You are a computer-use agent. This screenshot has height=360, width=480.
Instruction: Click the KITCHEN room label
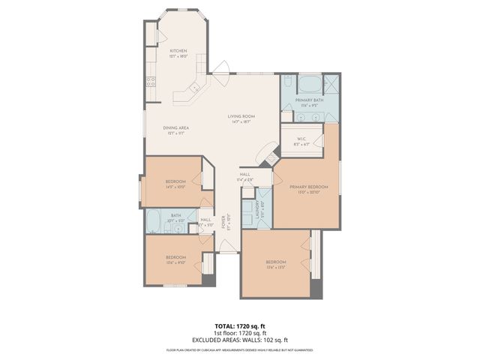point(178,51)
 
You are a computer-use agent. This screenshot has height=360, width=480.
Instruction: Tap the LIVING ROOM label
point(242,116)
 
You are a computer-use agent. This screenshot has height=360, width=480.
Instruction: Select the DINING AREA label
point(175,128)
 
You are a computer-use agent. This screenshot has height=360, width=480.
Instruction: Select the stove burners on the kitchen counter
point(150,82)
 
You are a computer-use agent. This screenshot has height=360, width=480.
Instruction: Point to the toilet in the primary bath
point(288,83)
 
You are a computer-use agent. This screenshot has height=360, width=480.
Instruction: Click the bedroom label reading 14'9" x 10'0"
point(175,184)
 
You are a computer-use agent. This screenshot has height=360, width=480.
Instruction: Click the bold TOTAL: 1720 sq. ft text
point(240,326)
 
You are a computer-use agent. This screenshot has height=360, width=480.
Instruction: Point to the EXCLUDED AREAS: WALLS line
point(240,338)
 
